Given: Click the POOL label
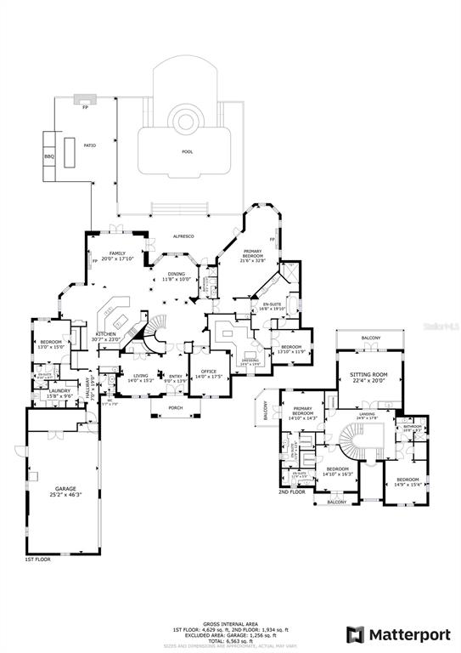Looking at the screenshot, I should pyautogui.click(x=187, y=152).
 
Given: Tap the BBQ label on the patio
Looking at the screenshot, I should pyautogui.click(x=49, y=156).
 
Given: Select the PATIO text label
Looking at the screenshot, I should pyautogui.click(x=89, y=145).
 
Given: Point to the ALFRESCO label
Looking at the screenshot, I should pyautogui.click(x=185, y=236).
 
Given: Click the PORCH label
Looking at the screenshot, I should pyautogui.click(x=176, y=407).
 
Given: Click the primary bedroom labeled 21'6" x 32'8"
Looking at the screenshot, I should pyautogui.click(x=254, y=253).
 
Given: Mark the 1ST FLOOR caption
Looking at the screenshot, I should pyautogui.click(x=37, y=560).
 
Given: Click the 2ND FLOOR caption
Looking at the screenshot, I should pyautogui.click(x=291, y=491).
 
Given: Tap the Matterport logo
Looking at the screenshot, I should pyautogui.click(x=396, y=633).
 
